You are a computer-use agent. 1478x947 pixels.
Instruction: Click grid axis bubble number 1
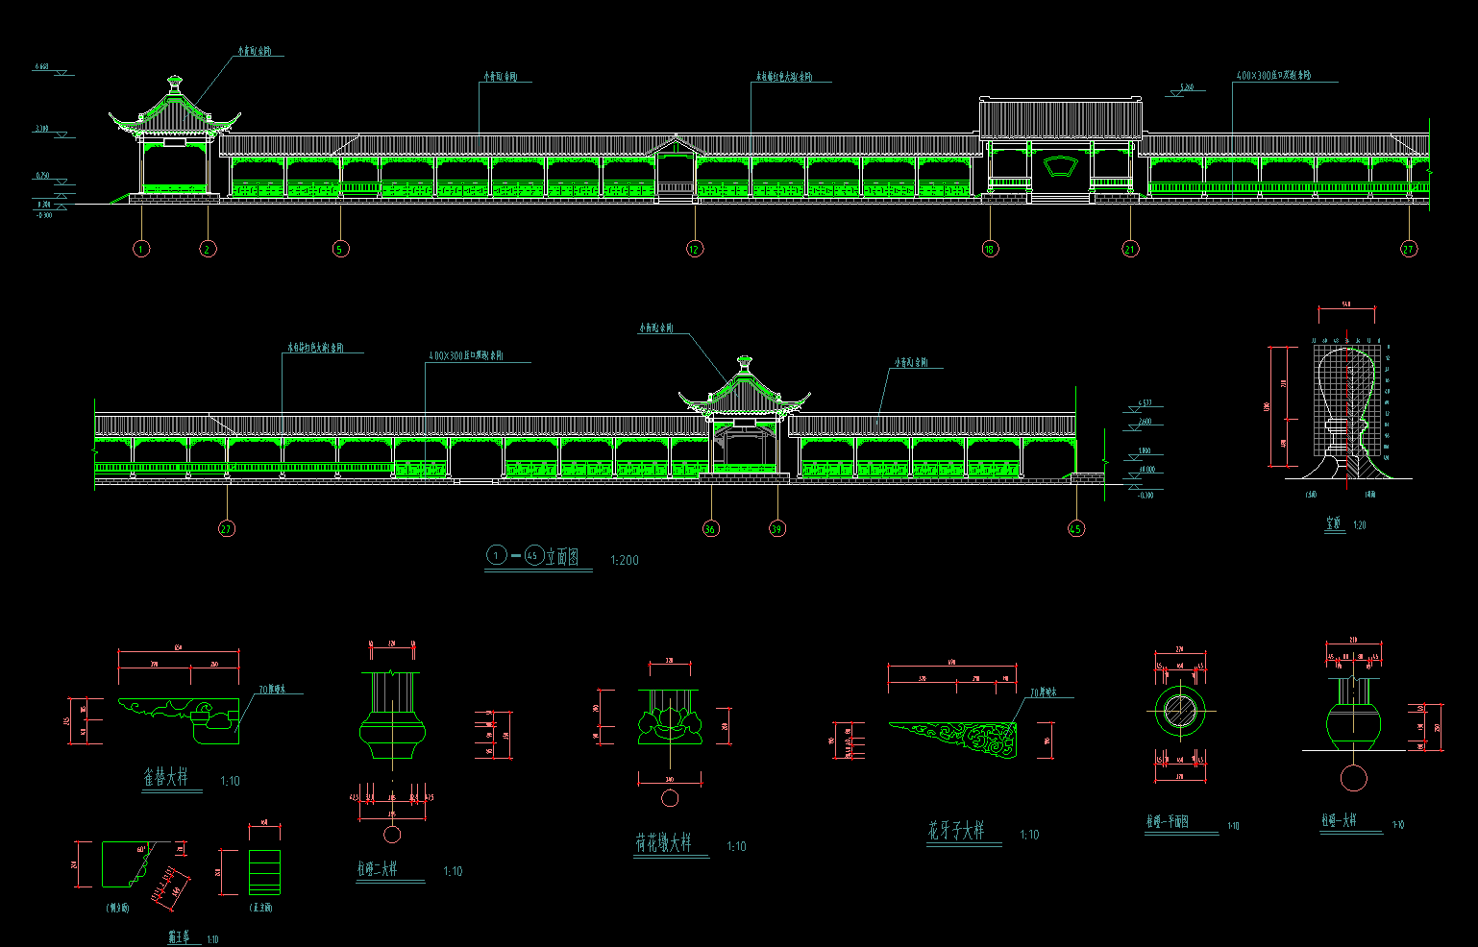[141, 249]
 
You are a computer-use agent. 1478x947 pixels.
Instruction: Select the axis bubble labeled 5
[339, 249]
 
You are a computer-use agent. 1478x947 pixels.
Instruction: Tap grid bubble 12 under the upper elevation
[695, 249]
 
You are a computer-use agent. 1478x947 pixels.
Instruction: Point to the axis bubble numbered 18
[990, 249]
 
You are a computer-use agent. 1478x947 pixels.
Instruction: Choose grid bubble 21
[1130, 249]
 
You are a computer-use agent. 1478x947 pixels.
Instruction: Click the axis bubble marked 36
[710, 528]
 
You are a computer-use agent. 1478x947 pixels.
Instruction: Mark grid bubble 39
[776, 528]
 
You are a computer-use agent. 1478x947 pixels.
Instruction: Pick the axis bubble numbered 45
[1075, 528]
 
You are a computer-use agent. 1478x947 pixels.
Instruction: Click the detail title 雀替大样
[166, 778]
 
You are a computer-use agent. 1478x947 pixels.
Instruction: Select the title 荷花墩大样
[663, 843]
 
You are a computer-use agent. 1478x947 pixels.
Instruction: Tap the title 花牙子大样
[956, 831]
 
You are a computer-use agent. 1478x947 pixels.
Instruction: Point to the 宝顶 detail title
[1333, 524]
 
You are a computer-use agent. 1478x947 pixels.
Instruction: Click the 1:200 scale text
[624, 560]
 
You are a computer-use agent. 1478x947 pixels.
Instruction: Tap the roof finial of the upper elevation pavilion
[174, 84]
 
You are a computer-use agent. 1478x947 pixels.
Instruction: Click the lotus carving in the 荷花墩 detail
[670, 720]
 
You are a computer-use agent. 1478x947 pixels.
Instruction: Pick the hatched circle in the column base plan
[1179, 712]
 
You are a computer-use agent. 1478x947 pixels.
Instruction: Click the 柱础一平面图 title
[1167, 823]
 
